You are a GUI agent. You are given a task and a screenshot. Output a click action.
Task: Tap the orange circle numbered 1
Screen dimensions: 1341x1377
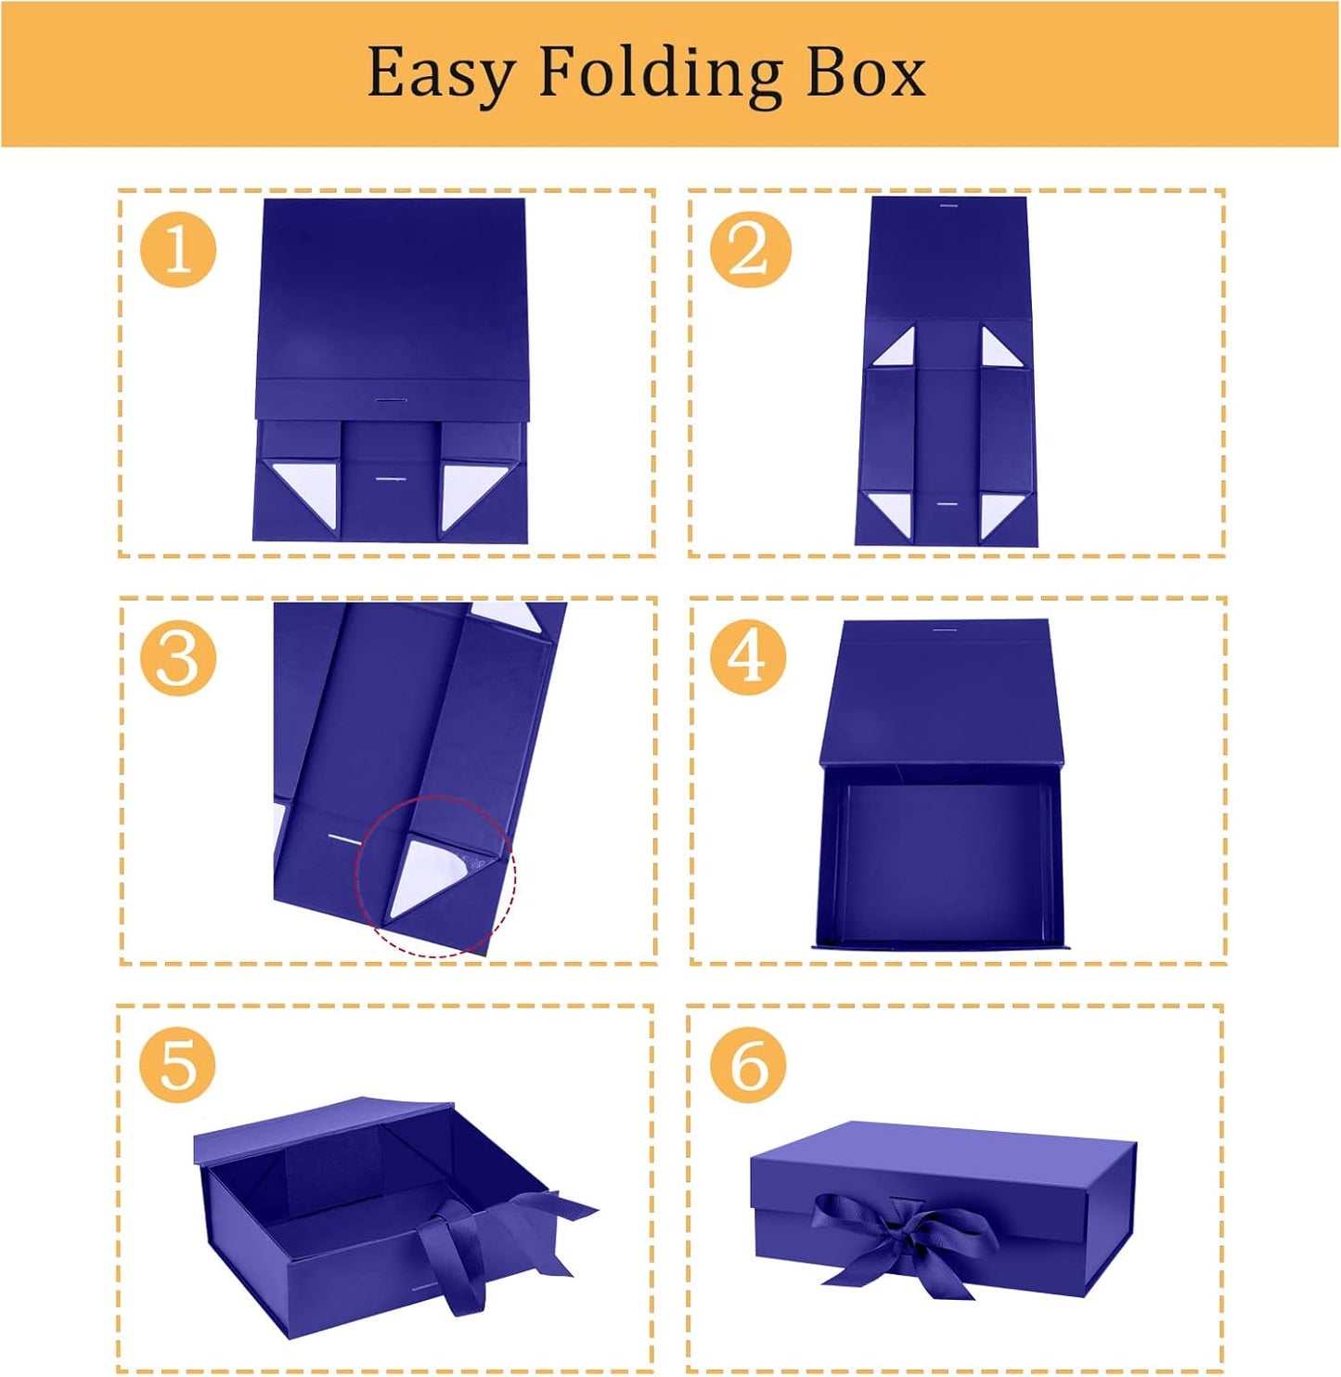178,249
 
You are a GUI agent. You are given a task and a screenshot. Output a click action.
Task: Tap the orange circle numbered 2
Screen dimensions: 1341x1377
751,249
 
